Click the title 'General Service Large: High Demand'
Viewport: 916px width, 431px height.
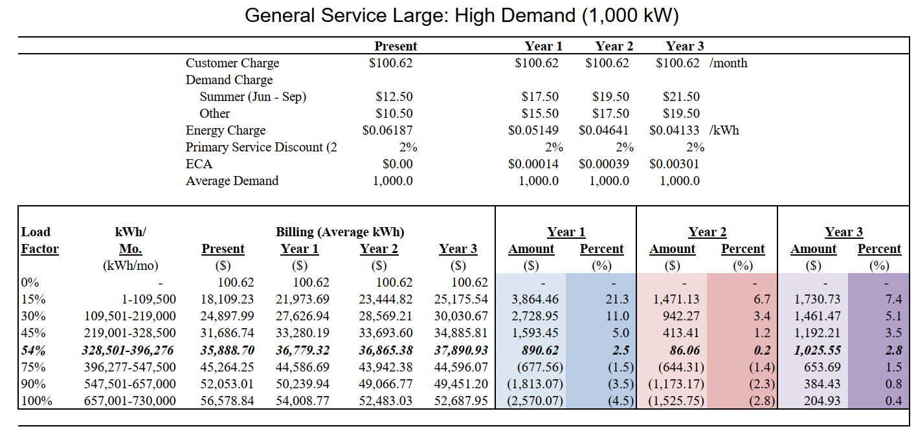pyautogui.click(x=461, y=16)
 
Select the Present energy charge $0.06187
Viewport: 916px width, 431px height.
pyautogui.click(x=388, y=130)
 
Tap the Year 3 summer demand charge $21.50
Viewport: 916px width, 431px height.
pyautogui.click(x=681, y=96)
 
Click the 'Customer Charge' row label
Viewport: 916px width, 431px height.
pyautogui.click(x=232, y=63)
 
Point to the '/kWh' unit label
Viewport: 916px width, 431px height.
pyautogui.click(x=724, y=130)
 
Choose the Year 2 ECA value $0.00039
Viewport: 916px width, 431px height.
pyautogui.click(x=604, y=164)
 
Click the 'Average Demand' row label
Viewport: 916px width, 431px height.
pyautogui.click(x=232, y=181)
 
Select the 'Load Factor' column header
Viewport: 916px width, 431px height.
pyautogui.click(x=39, y=240)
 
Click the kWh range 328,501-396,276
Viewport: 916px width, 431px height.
pyautogui.click(x=129, y=350)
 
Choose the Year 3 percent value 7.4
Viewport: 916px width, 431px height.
pyautogui.click(x=893, y=299)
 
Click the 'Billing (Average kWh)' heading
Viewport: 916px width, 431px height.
pyautogui.click(x=340, y=232)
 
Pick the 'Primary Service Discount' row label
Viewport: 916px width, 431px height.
pyautogui.click(x=261, y=147)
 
